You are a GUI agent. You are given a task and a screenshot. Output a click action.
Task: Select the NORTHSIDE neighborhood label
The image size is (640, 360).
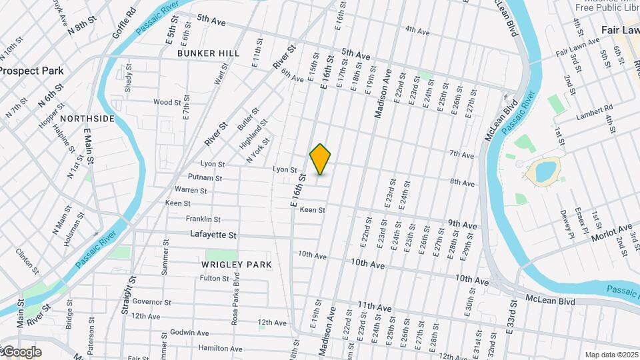click(x=87, y=119)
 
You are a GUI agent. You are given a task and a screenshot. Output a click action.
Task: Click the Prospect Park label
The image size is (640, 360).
click(x=31, y=70)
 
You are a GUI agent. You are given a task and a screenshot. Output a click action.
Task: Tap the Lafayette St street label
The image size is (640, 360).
click(x=213, y=235)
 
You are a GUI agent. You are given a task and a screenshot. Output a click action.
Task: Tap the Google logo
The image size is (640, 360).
click(x=21, y=351)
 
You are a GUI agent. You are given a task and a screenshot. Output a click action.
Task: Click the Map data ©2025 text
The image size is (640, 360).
click(x=611, y=355)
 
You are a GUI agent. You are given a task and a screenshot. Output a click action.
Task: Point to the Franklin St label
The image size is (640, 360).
click(x=203, y=219)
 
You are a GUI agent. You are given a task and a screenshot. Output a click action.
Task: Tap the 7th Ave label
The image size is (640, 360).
click(x=461, y=154)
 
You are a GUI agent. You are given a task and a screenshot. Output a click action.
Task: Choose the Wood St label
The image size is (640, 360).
click(x=167, y=102)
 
